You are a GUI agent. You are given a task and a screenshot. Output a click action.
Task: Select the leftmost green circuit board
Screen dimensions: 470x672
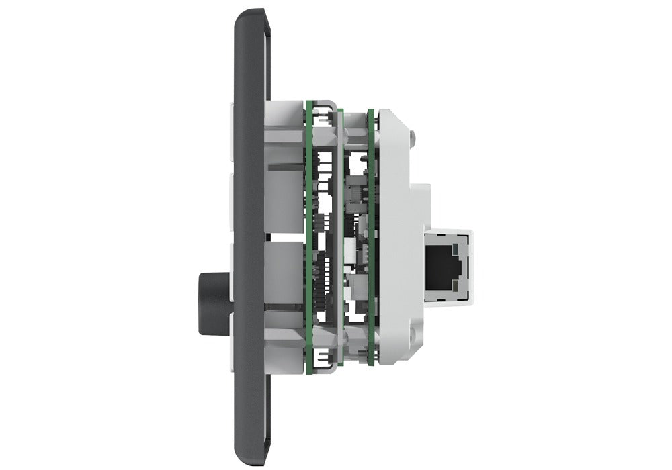pos(309,235)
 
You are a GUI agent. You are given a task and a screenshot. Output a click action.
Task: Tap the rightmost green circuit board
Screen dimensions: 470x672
pos(371,235)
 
